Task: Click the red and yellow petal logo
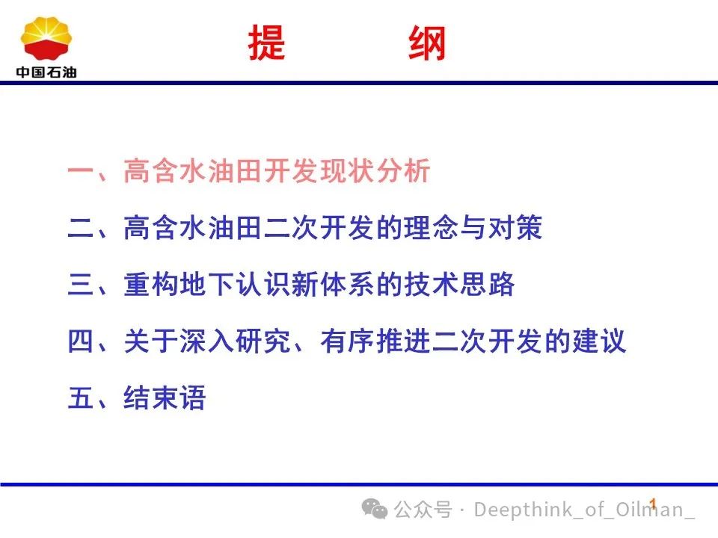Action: [46, 38]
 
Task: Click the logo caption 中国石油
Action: [46, 72]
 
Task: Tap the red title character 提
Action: [266, 43]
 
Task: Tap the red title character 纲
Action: [427, 43]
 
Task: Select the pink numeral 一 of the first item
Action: [81, 171]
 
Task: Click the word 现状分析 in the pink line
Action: [375, 170]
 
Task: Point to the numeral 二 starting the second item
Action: [81, 228]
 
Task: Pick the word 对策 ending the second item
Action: [515, 227]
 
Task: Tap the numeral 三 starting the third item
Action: [81, 284]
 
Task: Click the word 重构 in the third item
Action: [151, 284]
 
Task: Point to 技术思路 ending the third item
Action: [459, 284]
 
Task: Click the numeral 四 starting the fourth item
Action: [81, 341]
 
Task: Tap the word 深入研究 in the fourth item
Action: [235, 341]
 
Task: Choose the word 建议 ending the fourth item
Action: [598, 341]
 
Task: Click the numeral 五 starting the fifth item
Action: [81, 398]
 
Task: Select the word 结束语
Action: [165, 398]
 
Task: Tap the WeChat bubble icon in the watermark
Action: [375, 509]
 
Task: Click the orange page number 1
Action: [653, 504]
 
